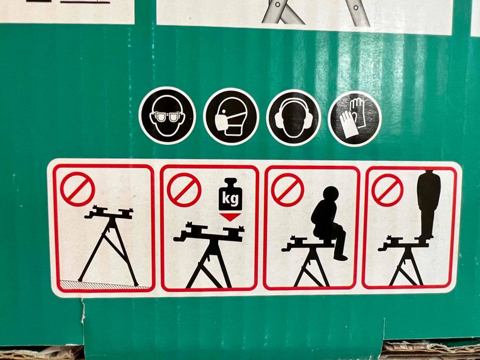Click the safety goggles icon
(167, 115)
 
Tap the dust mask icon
(231, 116)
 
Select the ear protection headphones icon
(293, 117)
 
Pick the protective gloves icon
(354, 119)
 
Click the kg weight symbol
(230, 194)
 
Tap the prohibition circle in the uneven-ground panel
(78, 189)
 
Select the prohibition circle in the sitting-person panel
(287, 190)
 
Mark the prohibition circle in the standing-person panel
(388, 191)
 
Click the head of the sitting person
(331, 194)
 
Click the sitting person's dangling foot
(341, 258)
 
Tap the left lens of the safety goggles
(159, 116)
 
